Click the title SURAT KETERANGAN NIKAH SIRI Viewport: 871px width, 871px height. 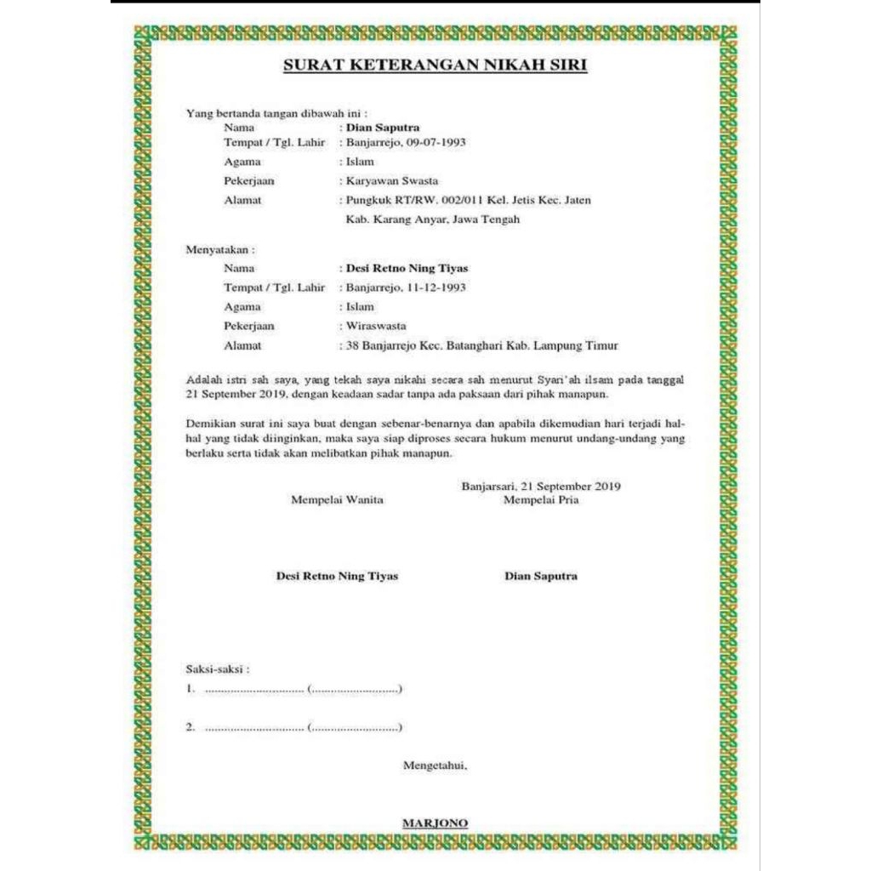pyautogui.click(x=435, y=65)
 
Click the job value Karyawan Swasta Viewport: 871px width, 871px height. pyautogui.click(x=392, y=180)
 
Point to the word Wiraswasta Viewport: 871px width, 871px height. pyautogui.click(x=376, y=326)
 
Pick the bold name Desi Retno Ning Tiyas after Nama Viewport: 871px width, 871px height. pyautogui.click(x=407, y=268)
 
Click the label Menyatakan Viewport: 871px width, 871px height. pyautogui.click(x=219, y=250)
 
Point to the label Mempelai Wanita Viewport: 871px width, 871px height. pyautogui.click(x=337, y=499)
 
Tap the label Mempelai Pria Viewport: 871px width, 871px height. pyautogui.click(x=541, y=499)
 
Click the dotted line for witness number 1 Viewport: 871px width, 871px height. pyautogui.click(x=254, y=689)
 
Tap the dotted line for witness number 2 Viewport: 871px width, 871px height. pyautogui.click(x=254, y=728)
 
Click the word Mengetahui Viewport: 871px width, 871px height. pyautogui.click(x=435, y=766)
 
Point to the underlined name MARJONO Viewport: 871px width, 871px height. pyautogui.click(x=435, y=823)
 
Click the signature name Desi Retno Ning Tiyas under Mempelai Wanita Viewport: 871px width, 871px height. pyautogui.click(x=337, y=576)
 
